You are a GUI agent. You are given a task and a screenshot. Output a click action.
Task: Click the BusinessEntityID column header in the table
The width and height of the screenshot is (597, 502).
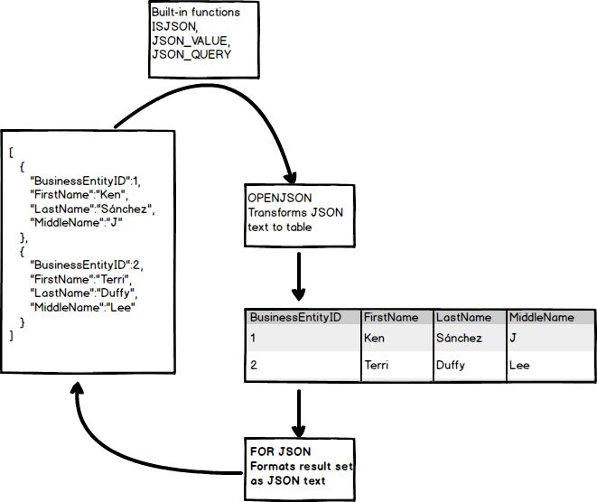[x=294, y=318]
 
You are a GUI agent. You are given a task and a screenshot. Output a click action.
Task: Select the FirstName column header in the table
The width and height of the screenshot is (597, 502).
[x=390, y=318]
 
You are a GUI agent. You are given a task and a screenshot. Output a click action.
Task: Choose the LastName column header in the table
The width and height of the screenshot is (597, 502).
[x=462, y=318]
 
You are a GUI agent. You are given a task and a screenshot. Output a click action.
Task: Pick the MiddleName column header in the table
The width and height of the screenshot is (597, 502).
[x=541, y=318]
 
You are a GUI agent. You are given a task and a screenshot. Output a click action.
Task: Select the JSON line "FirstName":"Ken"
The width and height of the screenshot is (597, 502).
[x=80, y=195]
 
